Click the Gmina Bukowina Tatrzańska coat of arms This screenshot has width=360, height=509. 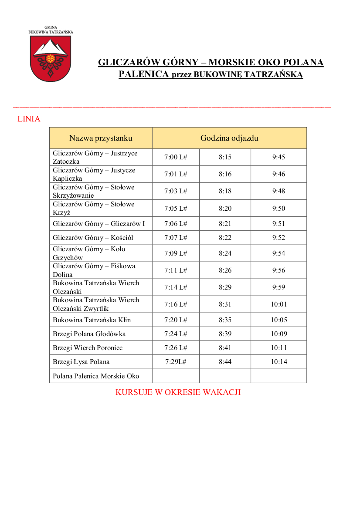pyautogui.click(x=51, y=58)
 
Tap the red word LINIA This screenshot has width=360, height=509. pyautogui.click(x=29, y=119)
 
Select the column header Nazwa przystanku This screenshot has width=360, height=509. pyautogui.click(x=101, y=138)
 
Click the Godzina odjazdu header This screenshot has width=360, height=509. pyautogui.click(x=229, y=138)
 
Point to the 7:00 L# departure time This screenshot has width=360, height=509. pyautogui.click(x=176, y=157)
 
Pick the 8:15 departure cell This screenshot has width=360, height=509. pyautogui.click(x=225, y=157)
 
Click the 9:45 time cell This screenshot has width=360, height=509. pyautogui.click(x=278, y=157)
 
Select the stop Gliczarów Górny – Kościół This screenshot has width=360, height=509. pyautogui.click(x=93, y=238)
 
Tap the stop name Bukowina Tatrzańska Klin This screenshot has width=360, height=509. pyautogui.click(x=92, y=320)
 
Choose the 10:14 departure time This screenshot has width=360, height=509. pyautogui.click(x=278, y=362)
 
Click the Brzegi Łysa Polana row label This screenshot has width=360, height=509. pyautogui.click(x=81, y=362)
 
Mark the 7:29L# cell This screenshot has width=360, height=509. pyautogui.click(x=176, y=362)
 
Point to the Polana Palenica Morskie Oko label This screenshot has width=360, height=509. pyautogui.click(x=96, y=376)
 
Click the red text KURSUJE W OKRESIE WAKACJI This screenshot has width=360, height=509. pyautogui.click(x=178, y=392)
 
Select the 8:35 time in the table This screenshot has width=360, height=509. pyautogui.click(x=225, y=320)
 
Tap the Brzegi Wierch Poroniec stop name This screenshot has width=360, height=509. pyautogui.click(x=88, y=348)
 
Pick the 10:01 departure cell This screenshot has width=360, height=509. pyautogui.click(x=278, y=304)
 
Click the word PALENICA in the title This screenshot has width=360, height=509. pyautogui.click(x=144, y=74)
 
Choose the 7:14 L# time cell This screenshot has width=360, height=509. pyautogui.click(x=176, y=287)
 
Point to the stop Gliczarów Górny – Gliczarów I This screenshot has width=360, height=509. pyautogui.click(x=99, y=224)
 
